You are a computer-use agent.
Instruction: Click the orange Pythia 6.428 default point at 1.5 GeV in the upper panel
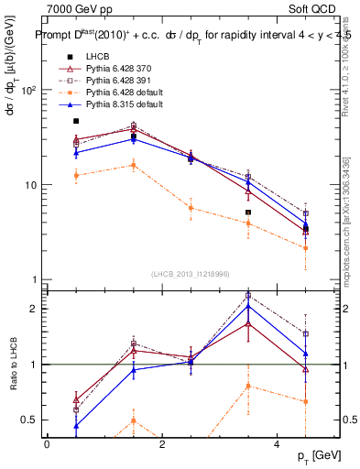(x=134, y=165)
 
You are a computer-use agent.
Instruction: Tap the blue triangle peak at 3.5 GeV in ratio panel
(x=248, y=306)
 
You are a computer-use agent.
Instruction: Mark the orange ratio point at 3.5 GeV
(x=248, y=386)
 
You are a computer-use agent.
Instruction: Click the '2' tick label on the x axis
(x=161, y=444)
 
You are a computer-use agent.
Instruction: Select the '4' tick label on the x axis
(x=277, y=444)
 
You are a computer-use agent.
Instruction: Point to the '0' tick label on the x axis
(x=47, y=444)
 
